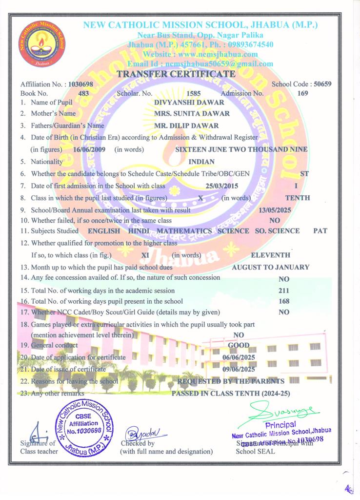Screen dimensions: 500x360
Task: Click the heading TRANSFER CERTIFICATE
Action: [176, 74]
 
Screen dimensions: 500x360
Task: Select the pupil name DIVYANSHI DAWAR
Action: [189, 103]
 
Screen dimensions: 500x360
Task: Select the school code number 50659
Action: [322, 84]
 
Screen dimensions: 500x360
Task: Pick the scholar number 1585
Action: [194, 93]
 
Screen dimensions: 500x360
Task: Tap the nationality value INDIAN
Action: [201, 161]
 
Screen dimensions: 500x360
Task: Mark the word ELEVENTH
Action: [270, 255]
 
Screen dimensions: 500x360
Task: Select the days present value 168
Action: [284, 301]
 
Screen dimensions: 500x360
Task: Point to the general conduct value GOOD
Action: [239, 345]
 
